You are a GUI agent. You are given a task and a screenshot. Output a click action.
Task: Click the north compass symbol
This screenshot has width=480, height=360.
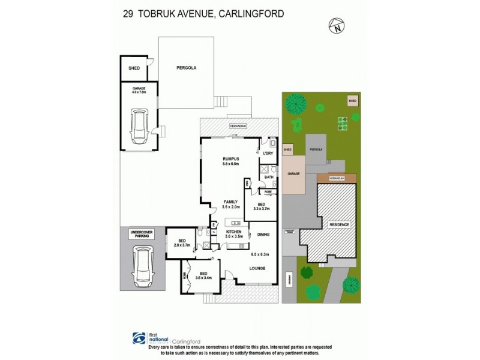click(x=338, y=26)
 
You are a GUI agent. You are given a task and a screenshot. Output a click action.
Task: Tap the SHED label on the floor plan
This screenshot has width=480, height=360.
click(x=134, y=68)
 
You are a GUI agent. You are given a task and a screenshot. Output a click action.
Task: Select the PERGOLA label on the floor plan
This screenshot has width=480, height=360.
click(x=186, y=68)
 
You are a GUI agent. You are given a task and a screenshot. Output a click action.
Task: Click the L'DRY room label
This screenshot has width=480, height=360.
click(x=268, y=154)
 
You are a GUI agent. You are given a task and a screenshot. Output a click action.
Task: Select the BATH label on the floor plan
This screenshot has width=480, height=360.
click(x=268, y=177)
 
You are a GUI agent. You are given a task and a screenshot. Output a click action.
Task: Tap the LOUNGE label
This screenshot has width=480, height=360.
click(x=259, y=268)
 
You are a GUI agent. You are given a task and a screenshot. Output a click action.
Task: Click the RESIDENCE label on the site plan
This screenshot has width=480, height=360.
click(x=339, y=224)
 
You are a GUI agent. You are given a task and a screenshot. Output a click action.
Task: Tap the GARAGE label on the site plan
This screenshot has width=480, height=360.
click(x=293, y=173)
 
